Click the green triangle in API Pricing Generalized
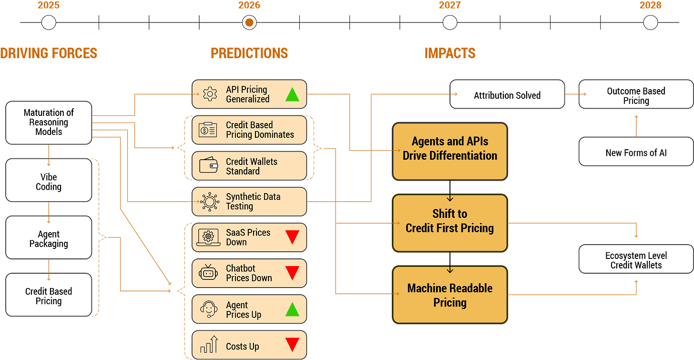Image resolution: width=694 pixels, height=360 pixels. click(292, 94)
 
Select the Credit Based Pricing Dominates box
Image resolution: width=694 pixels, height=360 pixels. click(249, 130)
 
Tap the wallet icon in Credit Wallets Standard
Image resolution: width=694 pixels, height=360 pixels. click(208, 166)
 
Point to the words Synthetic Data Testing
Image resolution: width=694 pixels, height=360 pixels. click(253, 201)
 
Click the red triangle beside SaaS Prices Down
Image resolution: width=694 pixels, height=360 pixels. click(292, 237)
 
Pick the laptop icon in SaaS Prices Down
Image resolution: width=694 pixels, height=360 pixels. click(208, 237)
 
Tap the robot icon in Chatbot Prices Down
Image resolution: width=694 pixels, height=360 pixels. click(208, 273)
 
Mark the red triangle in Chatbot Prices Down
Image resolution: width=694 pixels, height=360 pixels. click(292, 273)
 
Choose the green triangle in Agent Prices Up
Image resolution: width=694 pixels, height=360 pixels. click(292, 309)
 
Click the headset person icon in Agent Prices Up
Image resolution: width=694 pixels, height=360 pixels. click(209, 309)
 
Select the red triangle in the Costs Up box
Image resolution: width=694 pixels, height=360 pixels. click(292, 344)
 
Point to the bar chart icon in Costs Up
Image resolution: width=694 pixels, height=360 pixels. click(209, 344)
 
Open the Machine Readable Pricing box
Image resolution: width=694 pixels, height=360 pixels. click(449, 295)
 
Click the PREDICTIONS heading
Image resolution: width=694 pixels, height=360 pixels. click(249, 52)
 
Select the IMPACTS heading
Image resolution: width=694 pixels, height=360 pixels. click(450, 52)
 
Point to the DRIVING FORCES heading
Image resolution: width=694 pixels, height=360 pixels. click(49, 52)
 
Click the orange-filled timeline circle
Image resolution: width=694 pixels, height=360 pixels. click(249, 22)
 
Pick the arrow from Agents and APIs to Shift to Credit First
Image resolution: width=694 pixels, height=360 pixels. click(450, 196)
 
